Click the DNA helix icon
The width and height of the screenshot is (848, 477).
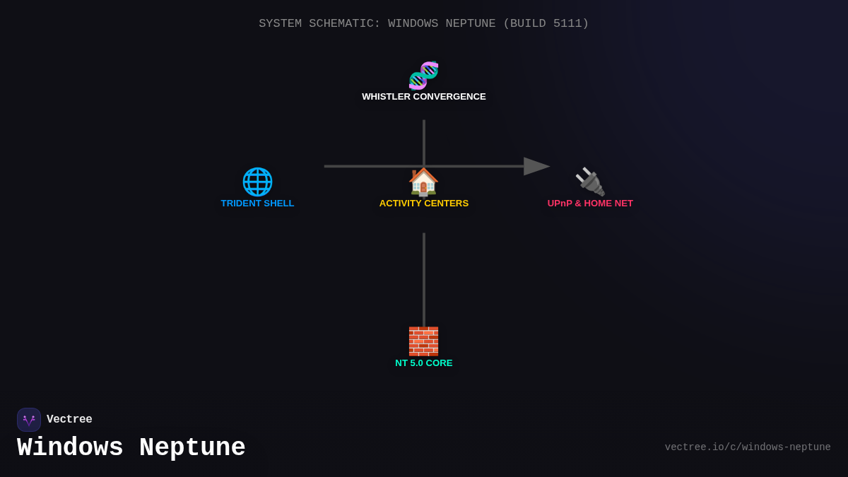[x=424, y=75]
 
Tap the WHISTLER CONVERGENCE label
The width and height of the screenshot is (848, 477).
[x=424, y=97]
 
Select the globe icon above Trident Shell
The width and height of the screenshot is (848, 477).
[x=257, y=182]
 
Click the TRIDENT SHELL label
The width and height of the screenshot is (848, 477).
[x=257, y=204]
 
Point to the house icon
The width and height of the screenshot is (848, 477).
[x=423, y=182]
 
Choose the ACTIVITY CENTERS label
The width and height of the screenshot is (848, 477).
[x=424, y=204]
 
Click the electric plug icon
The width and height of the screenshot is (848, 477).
[x=590, y=182]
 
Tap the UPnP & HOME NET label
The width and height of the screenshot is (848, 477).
[x=590, y=204]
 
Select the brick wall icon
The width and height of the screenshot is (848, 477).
[x=423, y=341]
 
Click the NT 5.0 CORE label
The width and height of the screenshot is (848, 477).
[x=424, y=363]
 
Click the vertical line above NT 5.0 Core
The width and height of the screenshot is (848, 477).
[x=424, y=279]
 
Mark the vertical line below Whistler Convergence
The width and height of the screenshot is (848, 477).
[x=424, y=141]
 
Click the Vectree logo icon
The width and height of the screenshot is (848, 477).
[x=29, y=420]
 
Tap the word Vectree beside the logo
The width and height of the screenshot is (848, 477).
[x=69, y=420]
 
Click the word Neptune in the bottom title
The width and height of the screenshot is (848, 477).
[x=192, y=448]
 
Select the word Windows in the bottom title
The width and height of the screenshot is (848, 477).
[x=70, y=448]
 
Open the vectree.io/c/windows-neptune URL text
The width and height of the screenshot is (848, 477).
[x=748, y=447]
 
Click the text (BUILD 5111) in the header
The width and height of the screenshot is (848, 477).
[x=546, y=24]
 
